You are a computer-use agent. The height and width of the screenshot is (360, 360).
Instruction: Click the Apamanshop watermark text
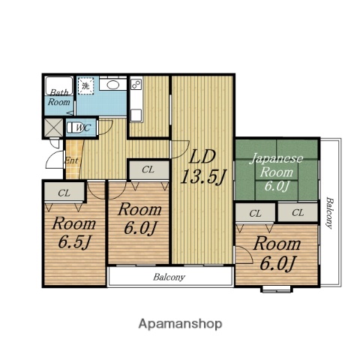coord(180,324)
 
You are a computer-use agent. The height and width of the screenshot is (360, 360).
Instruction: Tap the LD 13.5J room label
coord(203,167)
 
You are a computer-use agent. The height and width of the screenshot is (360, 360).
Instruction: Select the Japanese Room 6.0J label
coord(277,172)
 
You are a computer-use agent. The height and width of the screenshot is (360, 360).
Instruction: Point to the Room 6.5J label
coord(74,233)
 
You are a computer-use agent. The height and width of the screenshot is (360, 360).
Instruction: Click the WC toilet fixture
coord(74,127)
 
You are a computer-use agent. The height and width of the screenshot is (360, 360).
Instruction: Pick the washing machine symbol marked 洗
coord(85,86)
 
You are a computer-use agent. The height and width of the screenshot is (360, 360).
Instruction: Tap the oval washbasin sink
coord(113,85)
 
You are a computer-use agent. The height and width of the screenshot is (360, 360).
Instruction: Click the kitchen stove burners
coord(136,84)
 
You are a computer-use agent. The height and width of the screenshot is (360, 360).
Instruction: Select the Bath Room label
coord(59,97)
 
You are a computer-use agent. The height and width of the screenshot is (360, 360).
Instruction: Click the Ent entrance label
coord(71,160)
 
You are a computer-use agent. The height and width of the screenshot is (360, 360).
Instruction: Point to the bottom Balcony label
coord(169,277)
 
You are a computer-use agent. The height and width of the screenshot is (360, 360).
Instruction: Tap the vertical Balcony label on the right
coord(330,213)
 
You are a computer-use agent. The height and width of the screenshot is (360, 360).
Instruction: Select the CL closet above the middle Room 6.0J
coord(148,170)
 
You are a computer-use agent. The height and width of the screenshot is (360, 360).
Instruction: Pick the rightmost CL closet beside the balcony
coord(298,212)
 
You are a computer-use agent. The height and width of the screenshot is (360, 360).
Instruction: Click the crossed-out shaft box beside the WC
coord(53,127)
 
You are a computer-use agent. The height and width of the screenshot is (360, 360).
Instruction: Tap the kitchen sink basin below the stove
coord(136,115)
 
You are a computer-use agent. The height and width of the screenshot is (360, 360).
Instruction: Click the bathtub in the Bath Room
coord(59,85)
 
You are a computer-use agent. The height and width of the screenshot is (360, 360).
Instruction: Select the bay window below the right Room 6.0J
coord(277,289)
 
